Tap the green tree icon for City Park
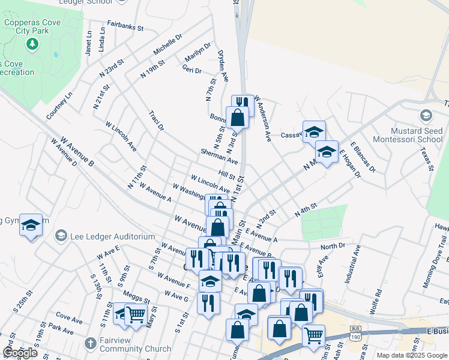(x=32, y=44)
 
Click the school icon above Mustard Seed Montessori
(x=426, y=115)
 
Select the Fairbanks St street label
(x=125, y=28)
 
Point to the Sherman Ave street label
(x=220, y=158)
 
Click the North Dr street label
(x=333, y=247)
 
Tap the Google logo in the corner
(x=20, y=353)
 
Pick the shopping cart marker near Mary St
(x=136, y=314)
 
